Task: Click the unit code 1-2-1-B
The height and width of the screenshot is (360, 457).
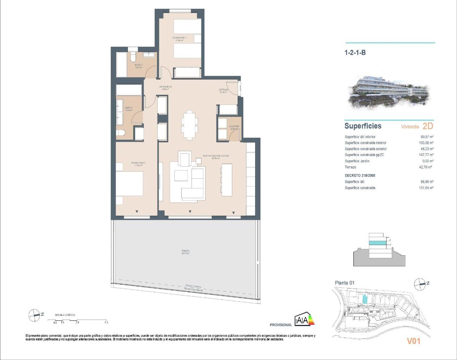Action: pos(355,53)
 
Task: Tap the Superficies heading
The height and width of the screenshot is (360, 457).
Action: pos(363,126)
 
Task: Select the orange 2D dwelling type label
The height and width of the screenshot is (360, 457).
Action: pos(428,126)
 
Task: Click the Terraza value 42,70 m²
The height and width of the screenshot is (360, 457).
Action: pos(427,167)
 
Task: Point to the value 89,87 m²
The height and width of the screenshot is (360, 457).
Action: pos(427,137)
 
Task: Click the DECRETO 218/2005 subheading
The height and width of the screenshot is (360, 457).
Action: pos(362,175)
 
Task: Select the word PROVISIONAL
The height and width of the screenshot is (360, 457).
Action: pos(281,325)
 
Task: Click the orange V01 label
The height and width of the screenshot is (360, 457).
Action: pos(413,341)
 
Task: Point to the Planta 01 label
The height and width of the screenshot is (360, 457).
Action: pos(344,282)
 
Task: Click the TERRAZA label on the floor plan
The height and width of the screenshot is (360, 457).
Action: pos(185,251)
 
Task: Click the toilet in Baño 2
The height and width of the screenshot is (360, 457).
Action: pos(133,56)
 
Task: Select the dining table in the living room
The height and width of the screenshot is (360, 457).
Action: pos(189,124)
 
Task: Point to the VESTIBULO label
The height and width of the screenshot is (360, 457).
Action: pos(224,90)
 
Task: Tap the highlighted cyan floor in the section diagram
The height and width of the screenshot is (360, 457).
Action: pos(378,242)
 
